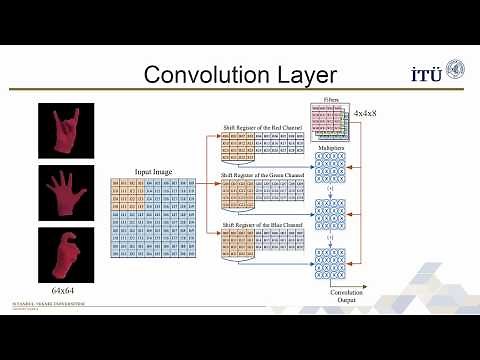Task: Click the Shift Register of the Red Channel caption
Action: [x=259, y=128]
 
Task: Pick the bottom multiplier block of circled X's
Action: [x=330, y=261]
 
